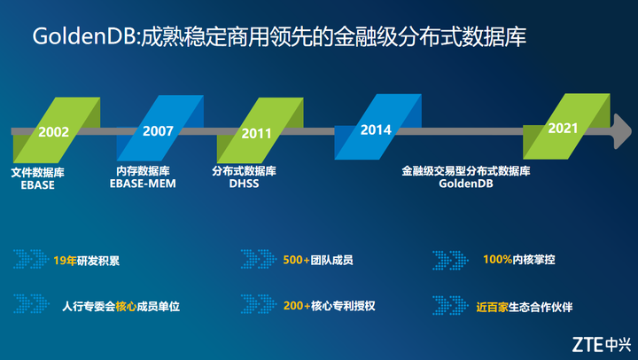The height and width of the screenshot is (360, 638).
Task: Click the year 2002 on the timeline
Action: coord(54,131)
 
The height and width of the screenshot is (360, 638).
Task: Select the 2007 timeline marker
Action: coord(158,130)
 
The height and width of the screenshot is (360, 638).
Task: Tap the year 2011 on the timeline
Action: coord(256,134)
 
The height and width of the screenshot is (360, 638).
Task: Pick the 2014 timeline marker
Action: coord(376,129)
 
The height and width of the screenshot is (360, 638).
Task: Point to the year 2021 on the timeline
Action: coord(564,128)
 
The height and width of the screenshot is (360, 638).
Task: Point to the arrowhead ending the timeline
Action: coord(612,130)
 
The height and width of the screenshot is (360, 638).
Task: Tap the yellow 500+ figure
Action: coord(296,261)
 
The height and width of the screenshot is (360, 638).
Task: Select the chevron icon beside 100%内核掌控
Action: coord(450,260)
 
